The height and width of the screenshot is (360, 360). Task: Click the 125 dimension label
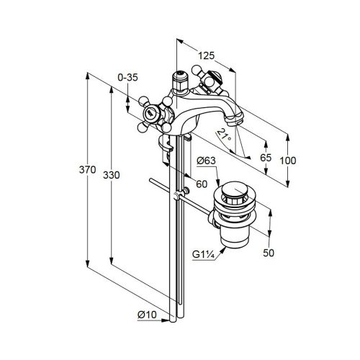tap(207, 55)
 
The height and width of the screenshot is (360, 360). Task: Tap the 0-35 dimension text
tap(127, 78)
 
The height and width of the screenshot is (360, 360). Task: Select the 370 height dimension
tap(88, 170)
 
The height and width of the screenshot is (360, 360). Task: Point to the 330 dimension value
tap(112, 175)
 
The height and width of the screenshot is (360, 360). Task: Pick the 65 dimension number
tap(266, 158)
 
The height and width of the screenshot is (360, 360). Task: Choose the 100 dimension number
tap(288, 161)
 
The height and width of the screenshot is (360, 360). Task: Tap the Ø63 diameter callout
tap(207, 161)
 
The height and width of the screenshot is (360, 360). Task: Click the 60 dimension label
tap(202, 184)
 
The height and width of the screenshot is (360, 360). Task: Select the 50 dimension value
tap(269, 253)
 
